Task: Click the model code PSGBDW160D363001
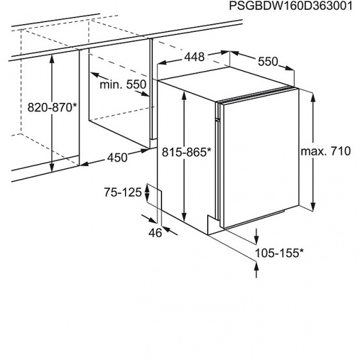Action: (x=290, y=5)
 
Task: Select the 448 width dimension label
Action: (x=195, y=57)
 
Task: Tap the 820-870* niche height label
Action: (x=52, y=107)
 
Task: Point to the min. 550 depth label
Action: (x=123, y=85)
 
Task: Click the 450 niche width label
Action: (x=117, y=158)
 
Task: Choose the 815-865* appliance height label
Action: (x=186, y=152)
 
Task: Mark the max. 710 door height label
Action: (x=325, y=151)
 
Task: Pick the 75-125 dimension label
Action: (x=123, y=192)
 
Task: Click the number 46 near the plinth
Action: (x=155, y=233)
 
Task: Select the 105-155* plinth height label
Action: (x=279, y=253)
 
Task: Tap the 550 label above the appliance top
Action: (x=268, y=61)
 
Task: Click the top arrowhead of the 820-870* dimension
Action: (x=52, y=59)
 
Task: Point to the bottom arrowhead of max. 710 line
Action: (x=313, y=206)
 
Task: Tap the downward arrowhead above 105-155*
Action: (x=256, y=240)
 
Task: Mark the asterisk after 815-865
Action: (x=208, y=150)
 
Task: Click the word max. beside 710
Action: (x=312, y=152)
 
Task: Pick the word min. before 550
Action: (x=111, y=85)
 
